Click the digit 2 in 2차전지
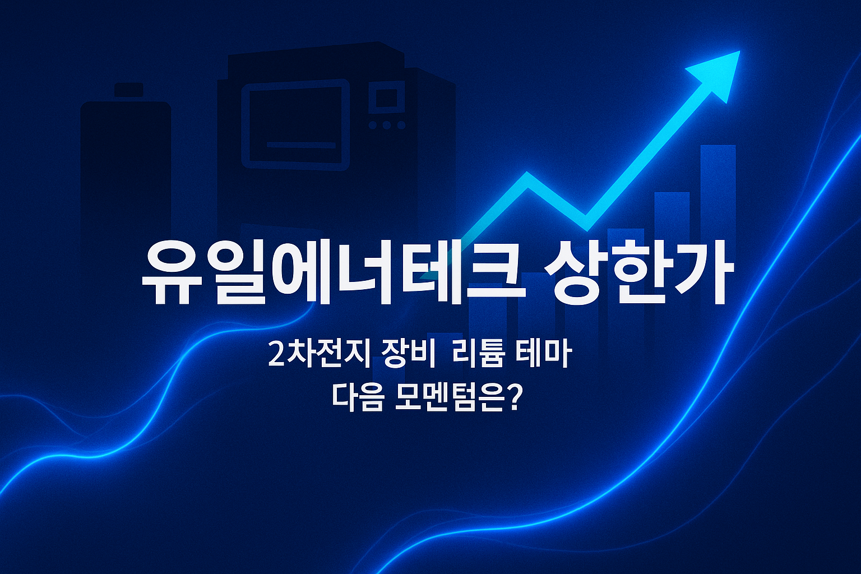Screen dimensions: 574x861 [x=276, y=357]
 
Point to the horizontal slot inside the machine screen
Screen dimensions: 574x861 [x=300, y=145]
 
